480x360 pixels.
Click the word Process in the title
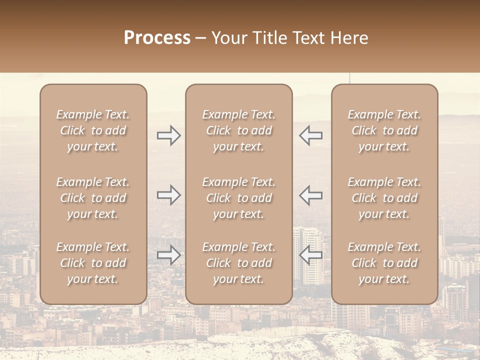pos(157,38)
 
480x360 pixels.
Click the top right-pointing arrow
pos(169,135)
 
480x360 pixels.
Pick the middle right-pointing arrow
pos(169,195)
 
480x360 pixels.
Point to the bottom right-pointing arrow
pos(169,255)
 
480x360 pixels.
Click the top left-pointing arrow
pos(310,135)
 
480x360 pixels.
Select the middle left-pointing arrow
pos(310,195)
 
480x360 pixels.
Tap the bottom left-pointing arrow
pos(310,255)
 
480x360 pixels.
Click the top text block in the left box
pos(93,130)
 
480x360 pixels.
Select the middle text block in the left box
pos(93,198)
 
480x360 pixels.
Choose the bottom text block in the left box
pos(93,263)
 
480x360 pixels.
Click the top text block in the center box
pos(238,130)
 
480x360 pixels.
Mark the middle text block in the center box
pos(238,198)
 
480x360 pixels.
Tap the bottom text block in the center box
pos(238,263)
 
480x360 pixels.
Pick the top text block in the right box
pos(384,130)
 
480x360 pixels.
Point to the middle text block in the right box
pos(384,198)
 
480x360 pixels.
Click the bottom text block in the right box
pos(384,263)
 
